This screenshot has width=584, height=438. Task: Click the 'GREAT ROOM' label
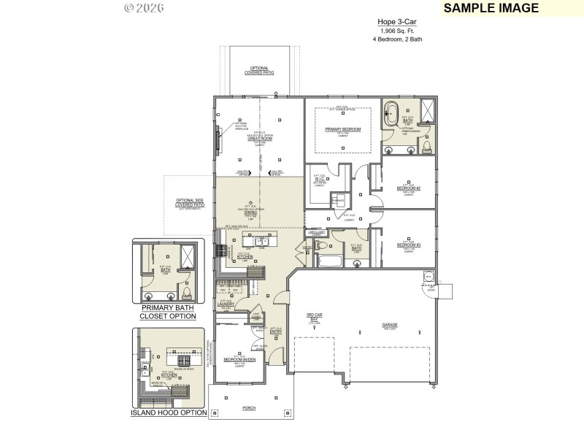[260, 138]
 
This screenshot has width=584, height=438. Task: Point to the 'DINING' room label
[251, 212]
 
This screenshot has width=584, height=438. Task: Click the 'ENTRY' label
[276, 332]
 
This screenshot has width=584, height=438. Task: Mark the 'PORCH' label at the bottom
[250, 409]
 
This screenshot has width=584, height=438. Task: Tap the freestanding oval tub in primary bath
[392, 115]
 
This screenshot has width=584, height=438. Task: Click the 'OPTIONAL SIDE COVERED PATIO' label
[189, 203]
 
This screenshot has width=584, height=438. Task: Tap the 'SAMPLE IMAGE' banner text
[491, 8]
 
